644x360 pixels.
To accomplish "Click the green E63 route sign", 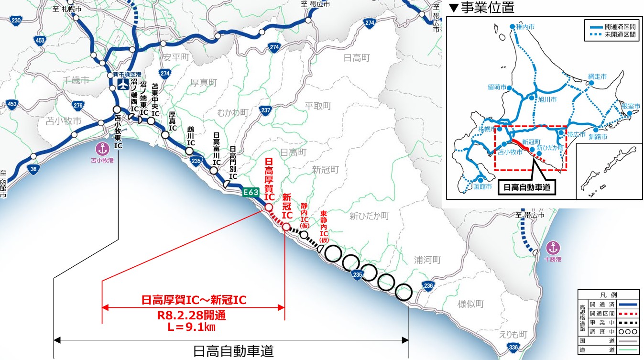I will (x=251, y=193).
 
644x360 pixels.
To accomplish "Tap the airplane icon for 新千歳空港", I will (x=123, y=85).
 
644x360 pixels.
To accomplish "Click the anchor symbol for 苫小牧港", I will (x=101, y=148).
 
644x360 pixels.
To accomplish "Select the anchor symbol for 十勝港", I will (x=553, y=248).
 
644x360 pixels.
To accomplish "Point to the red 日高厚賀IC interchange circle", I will (x=268, y=207).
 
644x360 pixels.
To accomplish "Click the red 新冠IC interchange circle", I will (x=286, y=227).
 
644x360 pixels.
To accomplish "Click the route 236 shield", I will (x=429, y=286).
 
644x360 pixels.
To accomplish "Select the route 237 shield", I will (x=266, y=111).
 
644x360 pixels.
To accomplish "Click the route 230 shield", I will (x=17, y=21).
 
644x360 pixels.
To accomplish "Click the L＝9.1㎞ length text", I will (x=194, y=327).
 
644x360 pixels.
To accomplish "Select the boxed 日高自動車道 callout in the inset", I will (x=526, y=187).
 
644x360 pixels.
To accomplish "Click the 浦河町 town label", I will (x=427, y=260).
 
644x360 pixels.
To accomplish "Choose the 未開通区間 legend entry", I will (x=621, y=35).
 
